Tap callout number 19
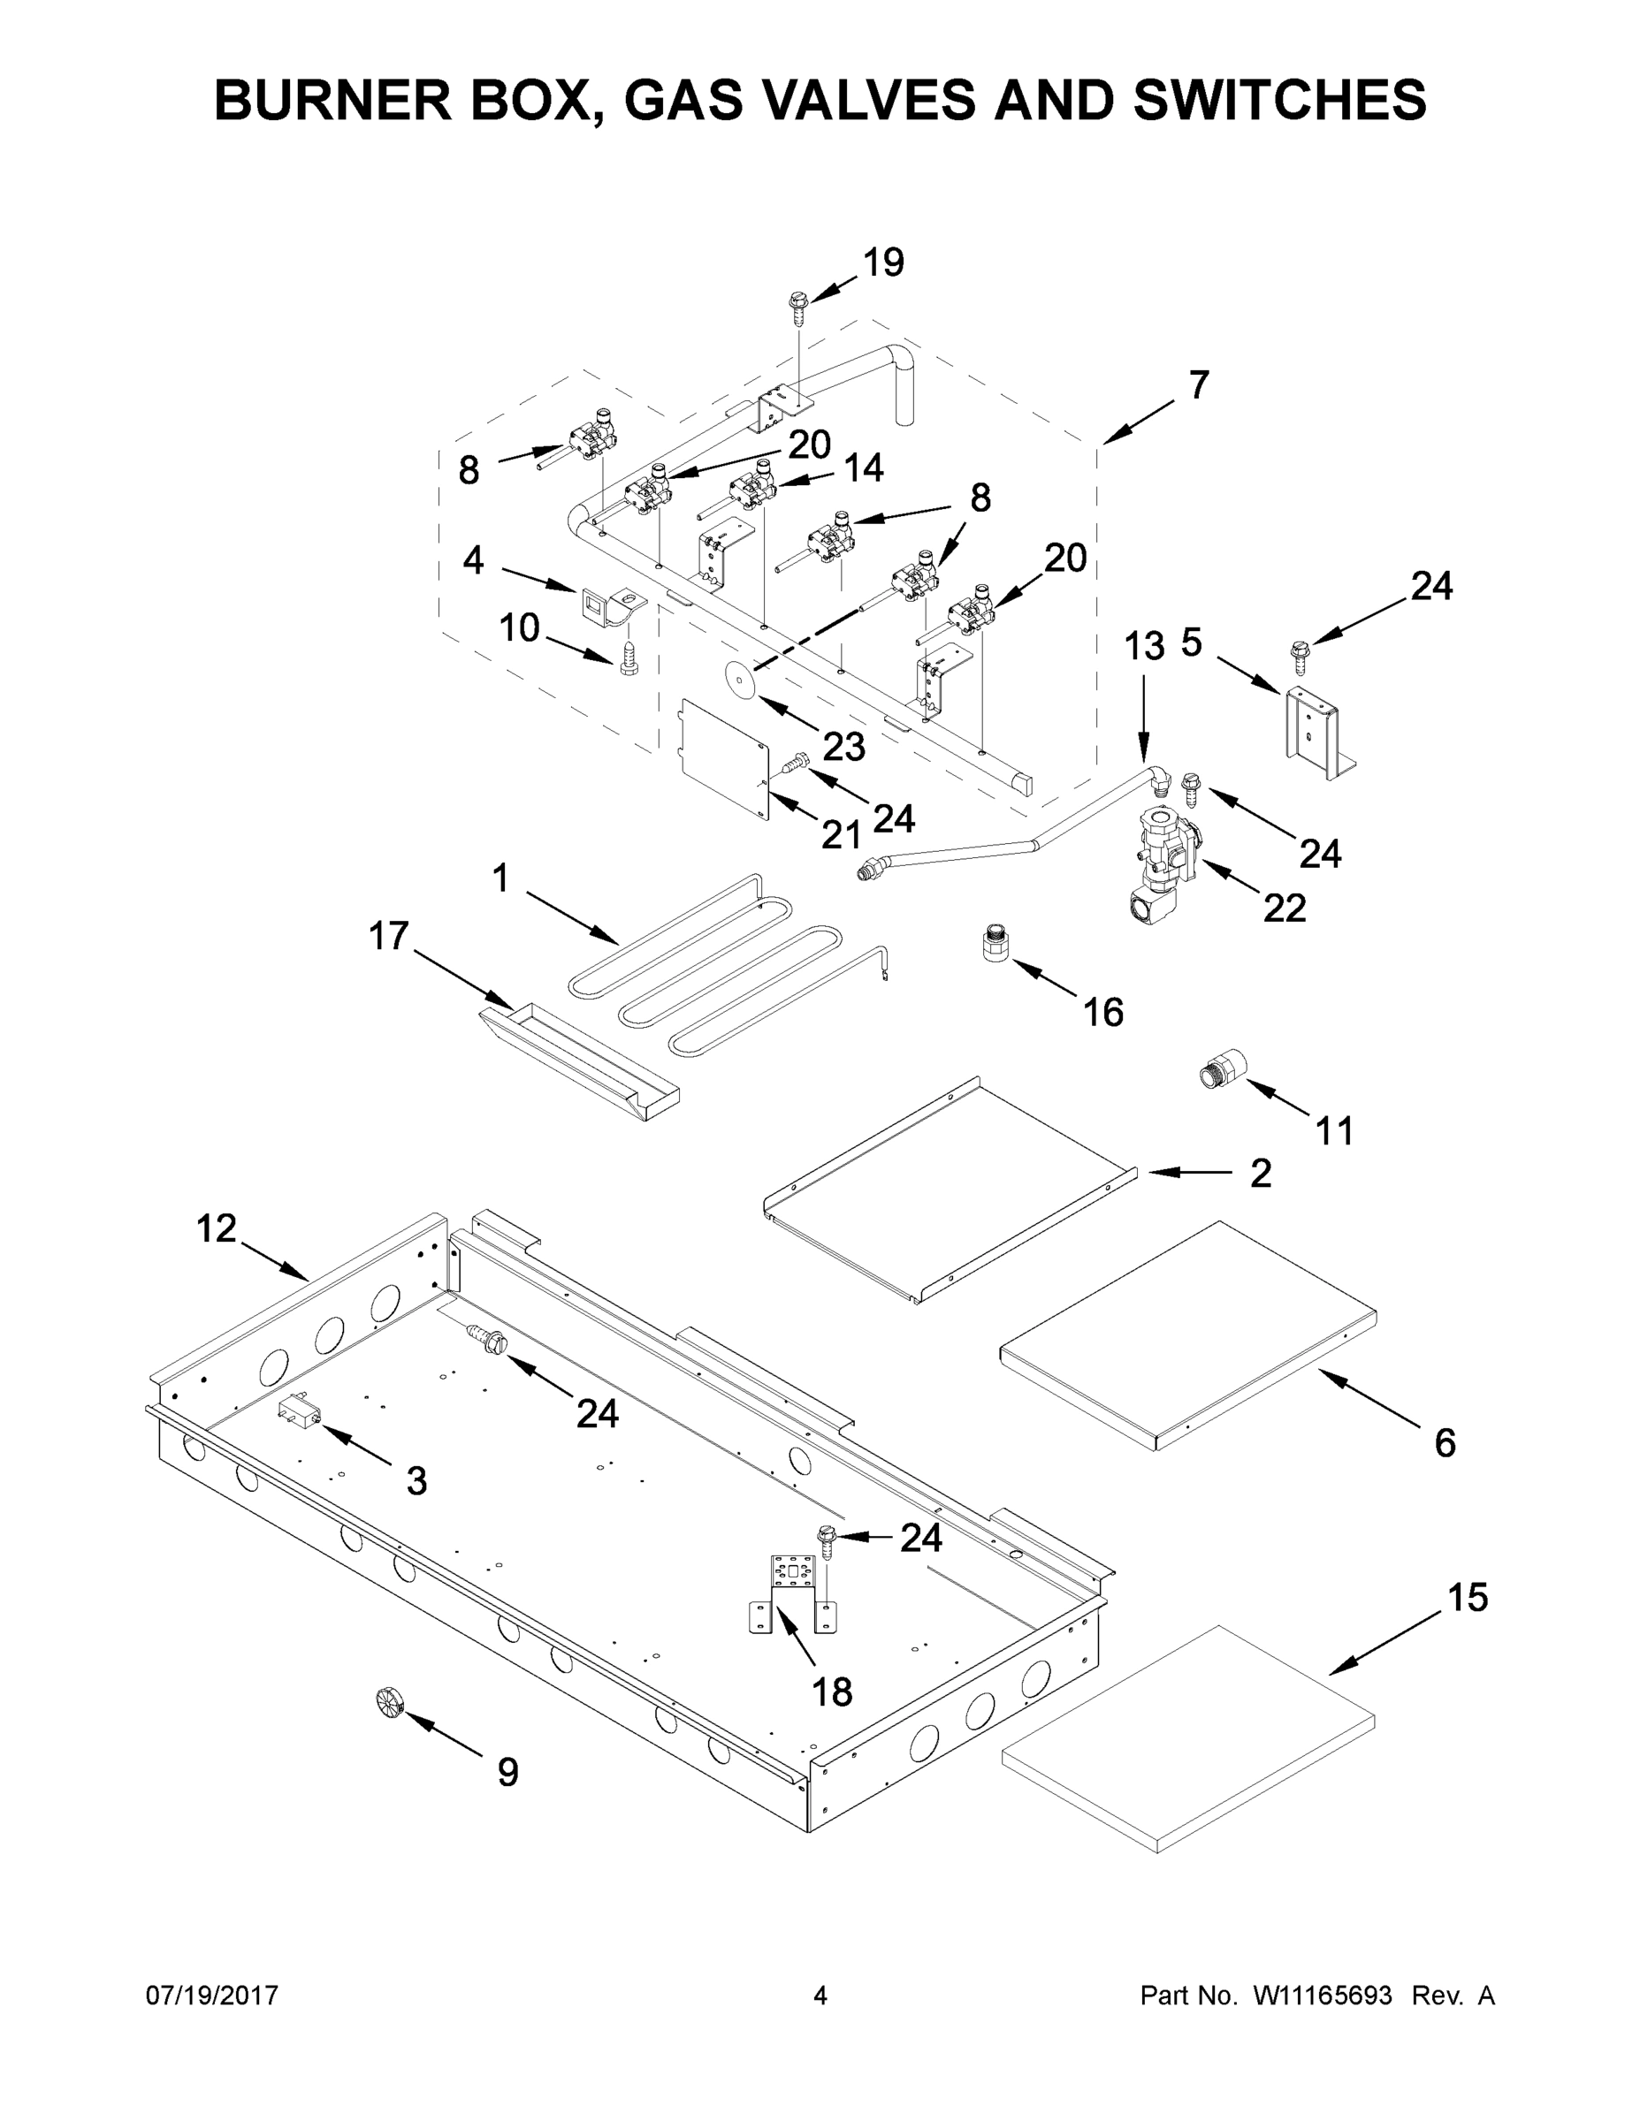883,262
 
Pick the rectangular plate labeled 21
723,756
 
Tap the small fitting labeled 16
993,942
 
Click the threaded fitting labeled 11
1219,1071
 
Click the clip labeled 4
601,607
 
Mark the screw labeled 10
629,660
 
